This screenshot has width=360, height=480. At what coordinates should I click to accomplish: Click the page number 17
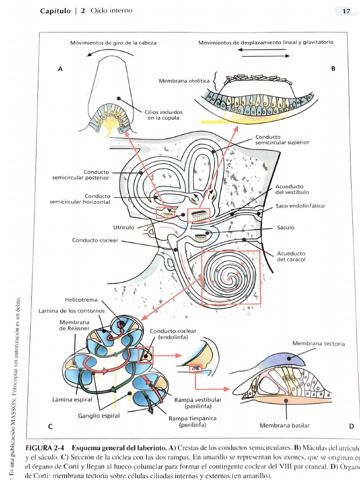coord(346,11)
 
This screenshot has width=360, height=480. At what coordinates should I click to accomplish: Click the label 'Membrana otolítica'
coord(185,81)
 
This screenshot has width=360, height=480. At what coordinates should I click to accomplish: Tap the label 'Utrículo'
coord(124,227)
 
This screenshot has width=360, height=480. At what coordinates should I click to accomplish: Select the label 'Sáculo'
coord(285,227)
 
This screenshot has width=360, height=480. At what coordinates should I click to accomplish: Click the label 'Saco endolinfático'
coord(300,206)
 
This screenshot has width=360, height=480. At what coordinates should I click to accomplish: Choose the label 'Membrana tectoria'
coord(318,344)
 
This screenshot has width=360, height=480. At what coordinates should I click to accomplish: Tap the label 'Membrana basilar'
coord(285,426)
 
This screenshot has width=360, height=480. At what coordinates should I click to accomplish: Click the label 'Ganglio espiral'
coord(98,416)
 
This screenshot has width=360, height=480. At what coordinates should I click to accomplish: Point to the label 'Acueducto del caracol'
coord(291,256)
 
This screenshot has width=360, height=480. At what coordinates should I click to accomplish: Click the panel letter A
coord(60,69)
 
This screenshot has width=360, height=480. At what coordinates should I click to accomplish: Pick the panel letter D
coord(351,426)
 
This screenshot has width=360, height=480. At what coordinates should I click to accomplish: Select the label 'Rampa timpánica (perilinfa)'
coord(192,421)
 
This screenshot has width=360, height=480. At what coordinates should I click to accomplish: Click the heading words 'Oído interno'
coord(112,11)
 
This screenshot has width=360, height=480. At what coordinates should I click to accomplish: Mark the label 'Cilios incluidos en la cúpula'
coord(164,115)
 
